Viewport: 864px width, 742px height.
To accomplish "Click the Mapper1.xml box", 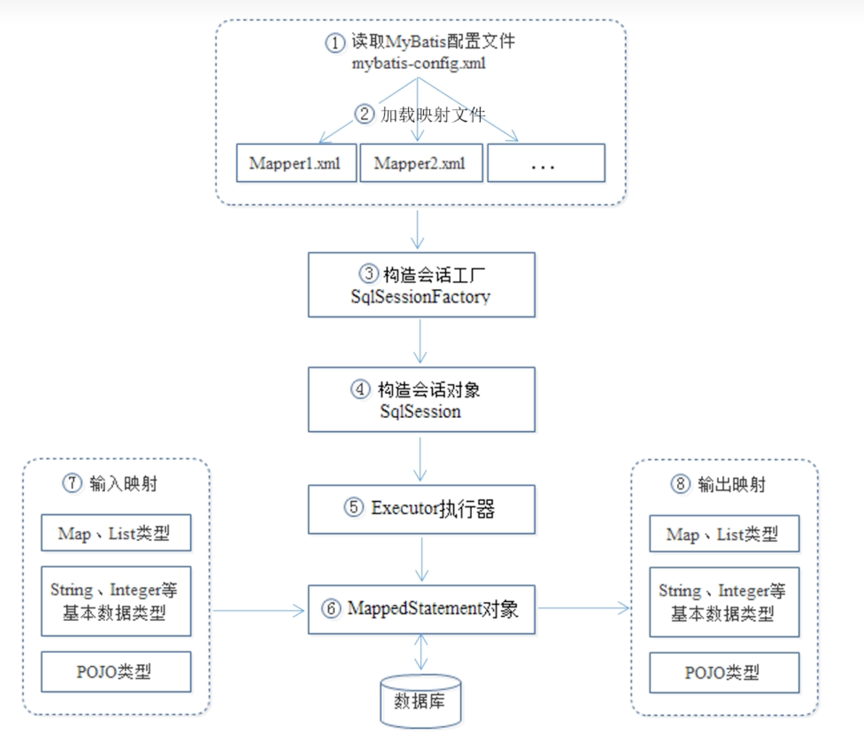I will [x=296, y=163].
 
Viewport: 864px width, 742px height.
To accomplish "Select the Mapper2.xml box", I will [x=421, y=163].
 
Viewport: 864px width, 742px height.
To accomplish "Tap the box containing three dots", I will [x=546, y=163].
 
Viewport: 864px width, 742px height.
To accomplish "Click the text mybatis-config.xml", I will [x=419, y=63].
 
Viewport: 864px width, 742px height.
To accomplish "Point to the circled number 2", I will [x=364, y=113].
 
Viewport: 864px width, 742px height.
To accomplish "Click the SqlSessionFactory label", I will [x=420, y=297].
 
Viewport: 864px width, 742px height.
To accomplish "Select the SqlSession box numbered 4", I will [x=421, y=399].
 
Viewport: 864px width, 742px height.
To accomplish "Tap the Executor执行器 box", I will [x=421, y=509].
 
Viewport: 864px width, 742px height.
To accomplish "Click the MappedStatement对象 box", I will [x=421, y=609].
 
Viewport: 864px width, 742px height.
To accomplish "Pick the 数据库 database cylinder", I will [x=420, y=701].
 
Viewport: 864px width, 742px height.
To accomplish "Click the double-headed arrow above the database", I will [x=421, y=652].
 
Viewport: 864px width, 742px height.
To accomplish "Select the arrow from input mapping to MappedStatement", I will [x=259, y=610].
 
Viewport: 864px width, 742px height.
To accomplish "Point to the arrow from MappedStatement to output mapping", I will [x=583, y=608].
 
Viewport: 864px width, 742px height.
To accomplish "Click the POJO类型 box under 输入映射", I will [x=116, y=671].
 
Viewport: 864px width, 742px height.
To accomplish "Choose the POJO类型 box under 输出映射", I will [x=724, y=673].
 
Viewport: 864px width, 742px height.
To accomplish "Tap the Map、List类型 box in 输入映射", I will [x=116, y=533].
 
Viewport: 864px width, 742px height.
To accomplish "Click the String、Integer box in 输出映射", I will [x=724, y=602].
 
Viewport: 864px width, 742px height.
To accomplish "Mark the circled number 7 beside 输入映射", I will [x=72, y=483].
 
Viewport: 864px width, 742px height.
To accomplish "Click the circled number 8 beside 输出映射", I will [x=681, y=484].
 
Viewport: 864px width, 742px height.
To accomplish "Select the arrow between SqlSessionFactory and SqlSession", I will [x=420, y=341].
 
